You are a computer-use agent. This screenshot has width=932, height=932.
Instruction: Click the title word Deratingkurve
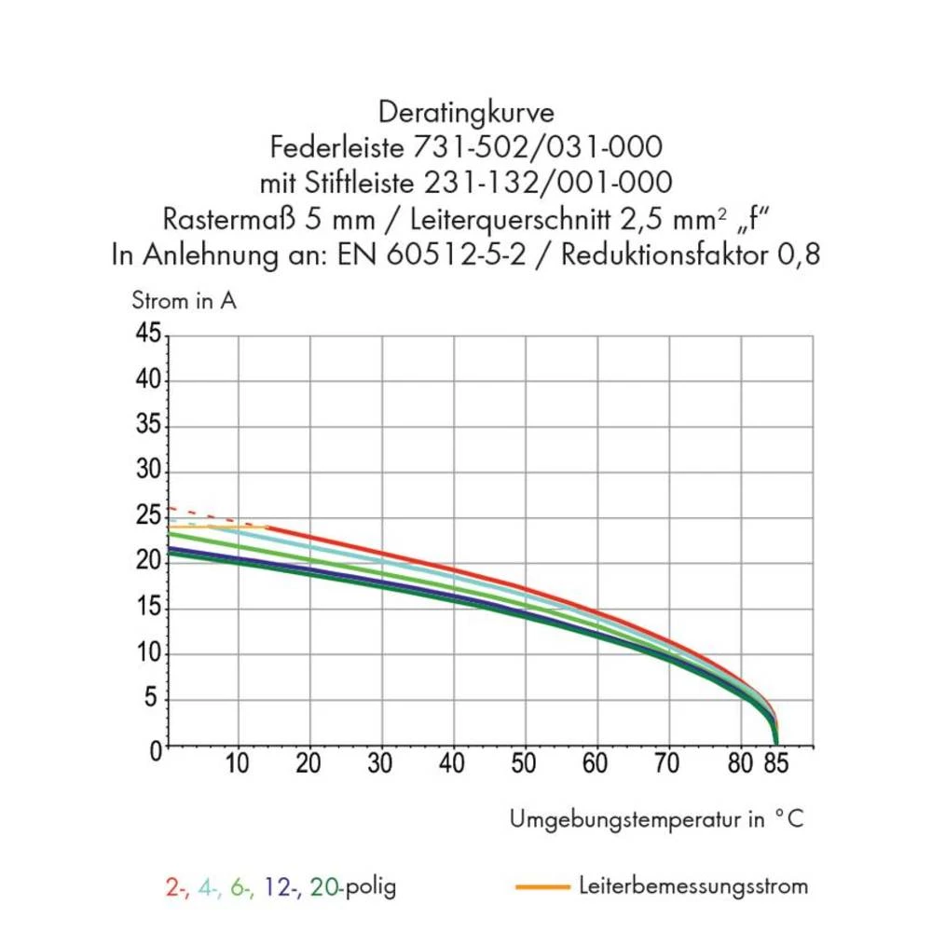(466, 113)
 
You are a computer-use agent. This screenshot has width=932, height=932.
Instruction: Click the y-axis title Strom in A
(184, 301)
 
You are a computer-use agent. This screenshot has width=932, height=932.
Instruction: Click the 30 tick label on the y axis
(149, 472)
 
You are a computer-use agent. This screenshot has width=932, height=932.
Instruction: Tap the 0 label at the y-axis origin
(156, 748)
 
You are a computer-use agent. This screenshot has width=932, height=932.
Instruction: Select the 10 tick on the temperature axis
(238, 764)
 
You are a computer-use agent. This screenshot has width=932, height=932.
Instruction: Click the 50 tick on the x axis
(525, 764)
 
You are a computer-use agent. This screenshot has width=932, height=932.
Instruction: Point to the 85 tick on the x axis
(777, 764)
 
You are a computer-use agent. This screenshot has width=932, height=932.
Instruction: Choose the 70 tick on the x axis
(668, 764)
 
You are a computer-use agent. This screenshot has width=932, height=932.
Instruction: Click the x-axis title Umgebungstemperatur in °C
(656, 819)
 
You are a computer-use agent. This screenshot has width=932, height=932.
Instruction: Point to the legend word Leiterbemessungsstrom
(692, 885)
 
